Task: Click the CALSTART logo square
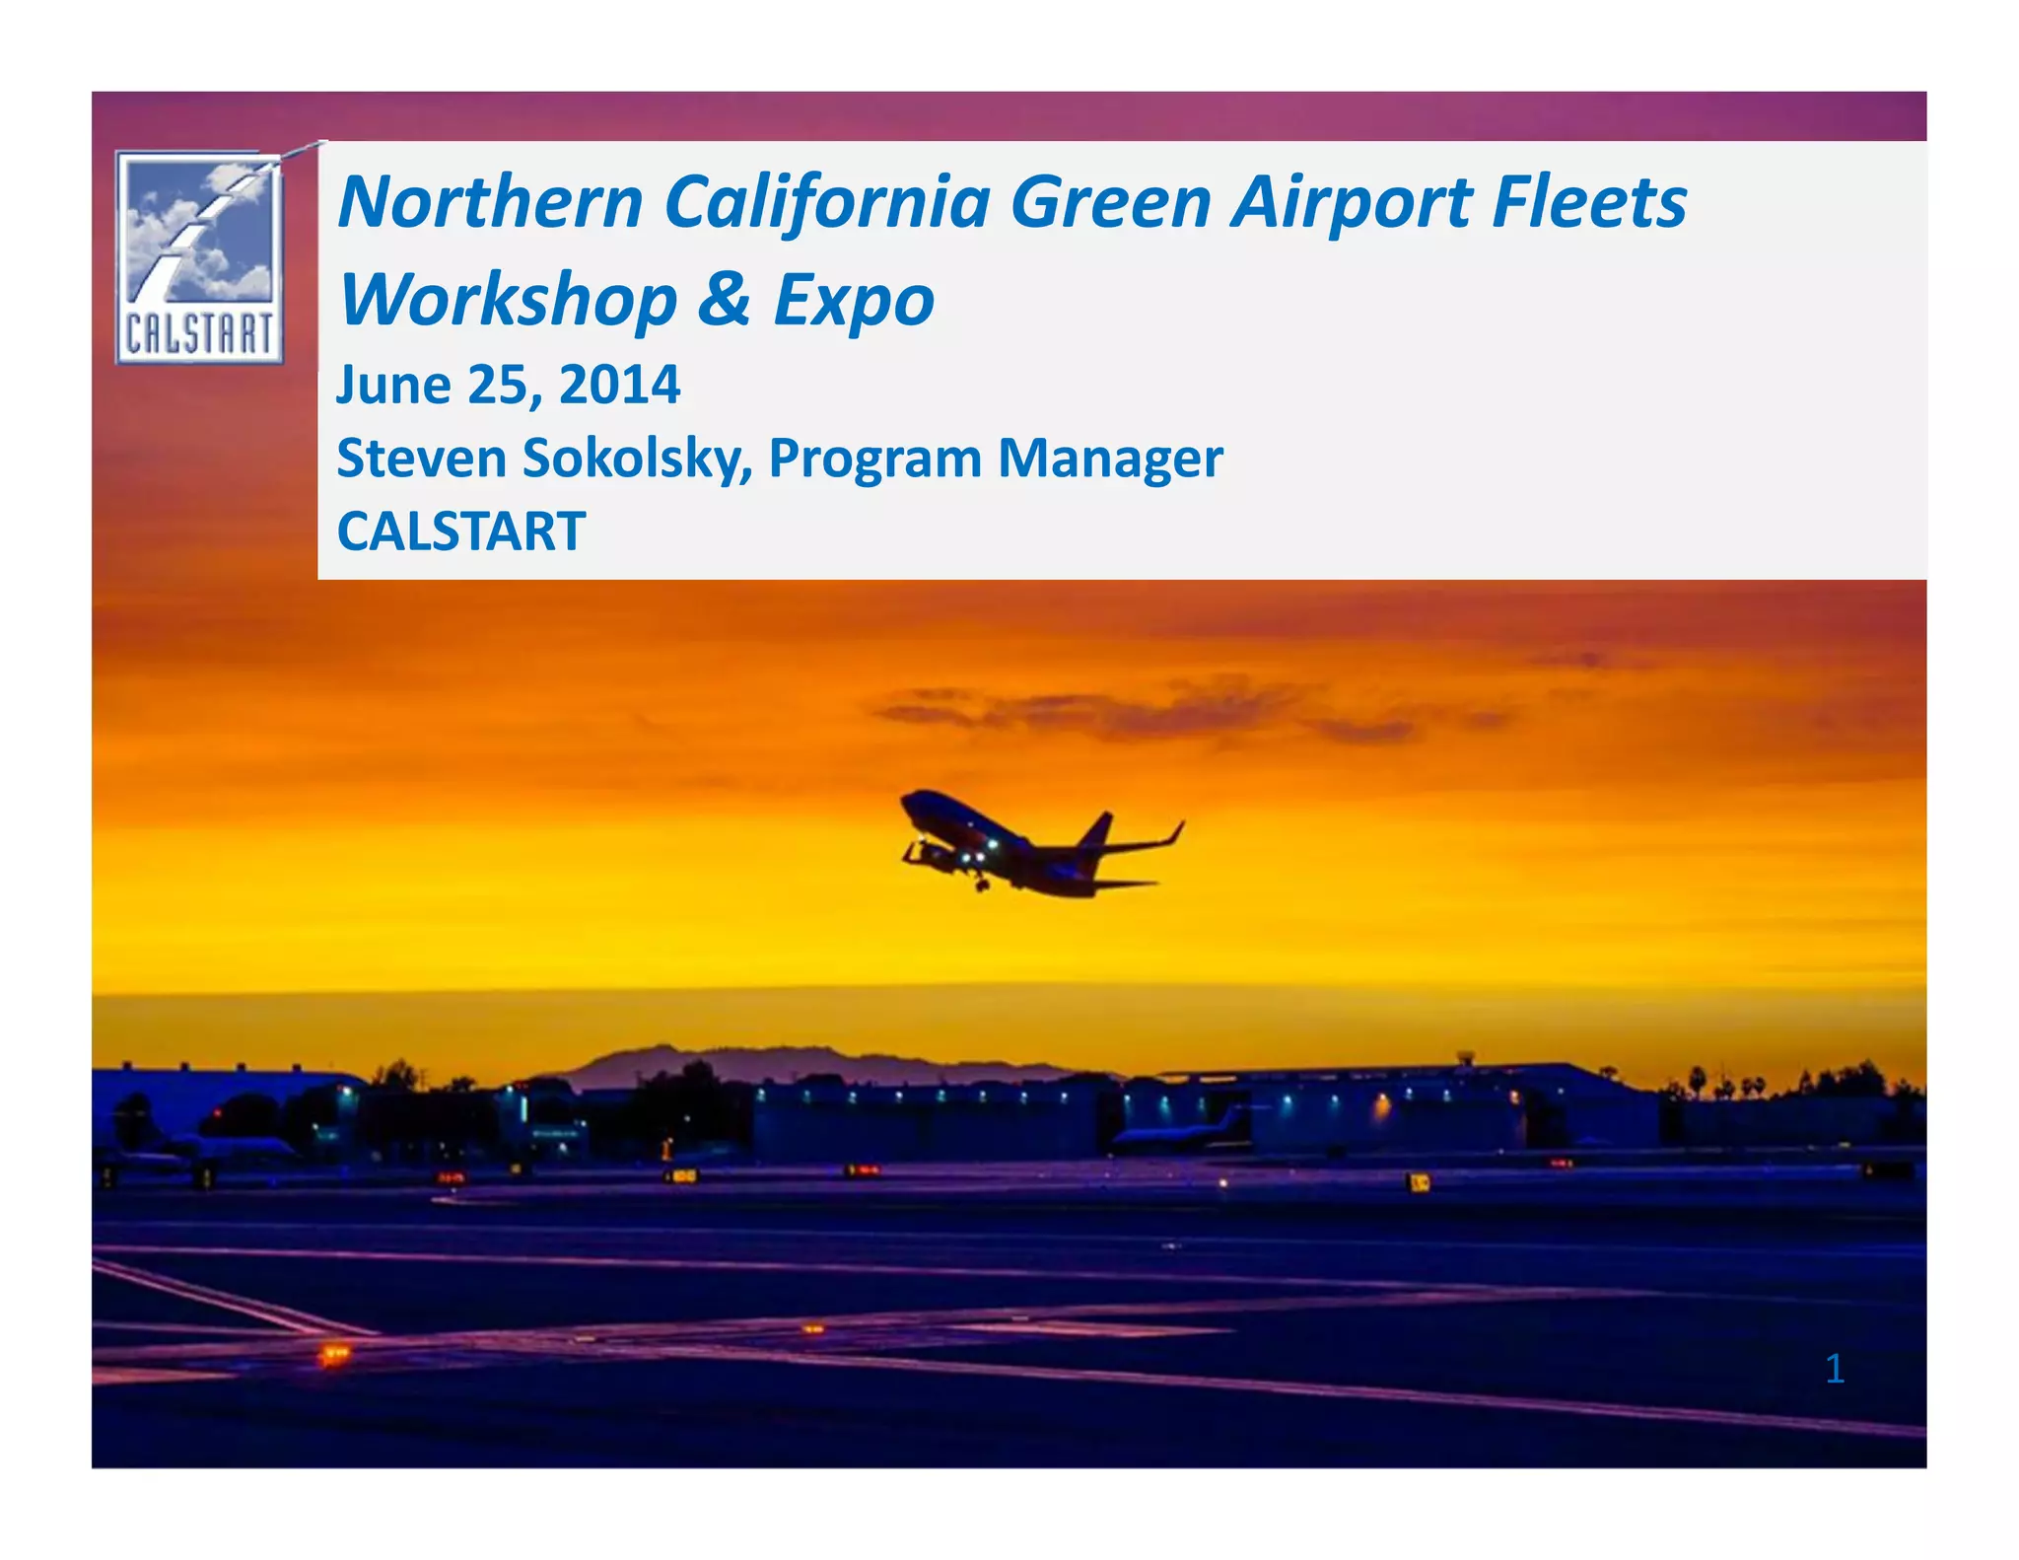coord(199,257)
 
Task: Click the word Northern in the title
coord(490,202)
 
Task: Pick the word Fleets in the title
coord(1589,202)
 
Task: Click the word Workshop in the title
coord(509,300)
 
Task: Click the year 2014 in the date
coord(619,385)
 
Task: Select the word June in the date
coord(393,385)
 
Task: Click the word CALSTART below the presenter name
coord(461,532)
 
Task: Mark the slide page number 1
coord(1834,1369)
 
